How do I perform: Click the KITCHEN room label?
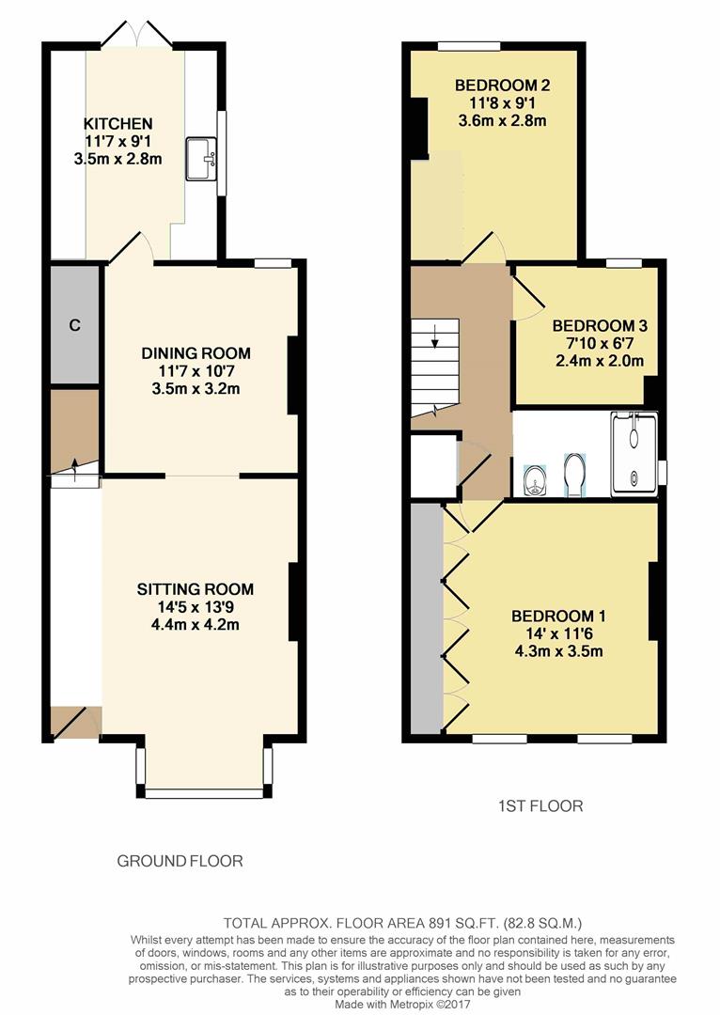pyautogui.click(x=117, y=124)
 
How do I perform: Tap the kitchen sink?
pyautogui.click(x=200, y=158)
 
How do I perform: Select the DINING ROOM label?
pyautogui.click(x=196, y=353)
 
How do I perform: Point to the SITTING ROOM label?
pyautogui.click(x=196, y=589)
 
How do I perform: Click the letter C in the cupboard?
pyautogui.click(x=75, y=326)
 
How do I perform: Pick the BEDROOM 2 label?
pyautogui.click(x=502, y=86)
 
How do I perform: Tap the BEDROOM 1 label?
pyautogui.click(x=558, y=617)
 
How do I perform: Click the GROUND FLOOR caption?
pyautogui.click(x=180, y=861)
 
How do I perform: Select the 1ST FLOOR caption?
pyautogui.click(x=540, y=805)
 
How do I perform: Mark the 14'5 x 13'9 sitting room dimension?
pyautogui.click(x=196, y=607)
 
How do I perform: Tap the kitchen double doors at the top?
pyautogui.click(x=137, y=36)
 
